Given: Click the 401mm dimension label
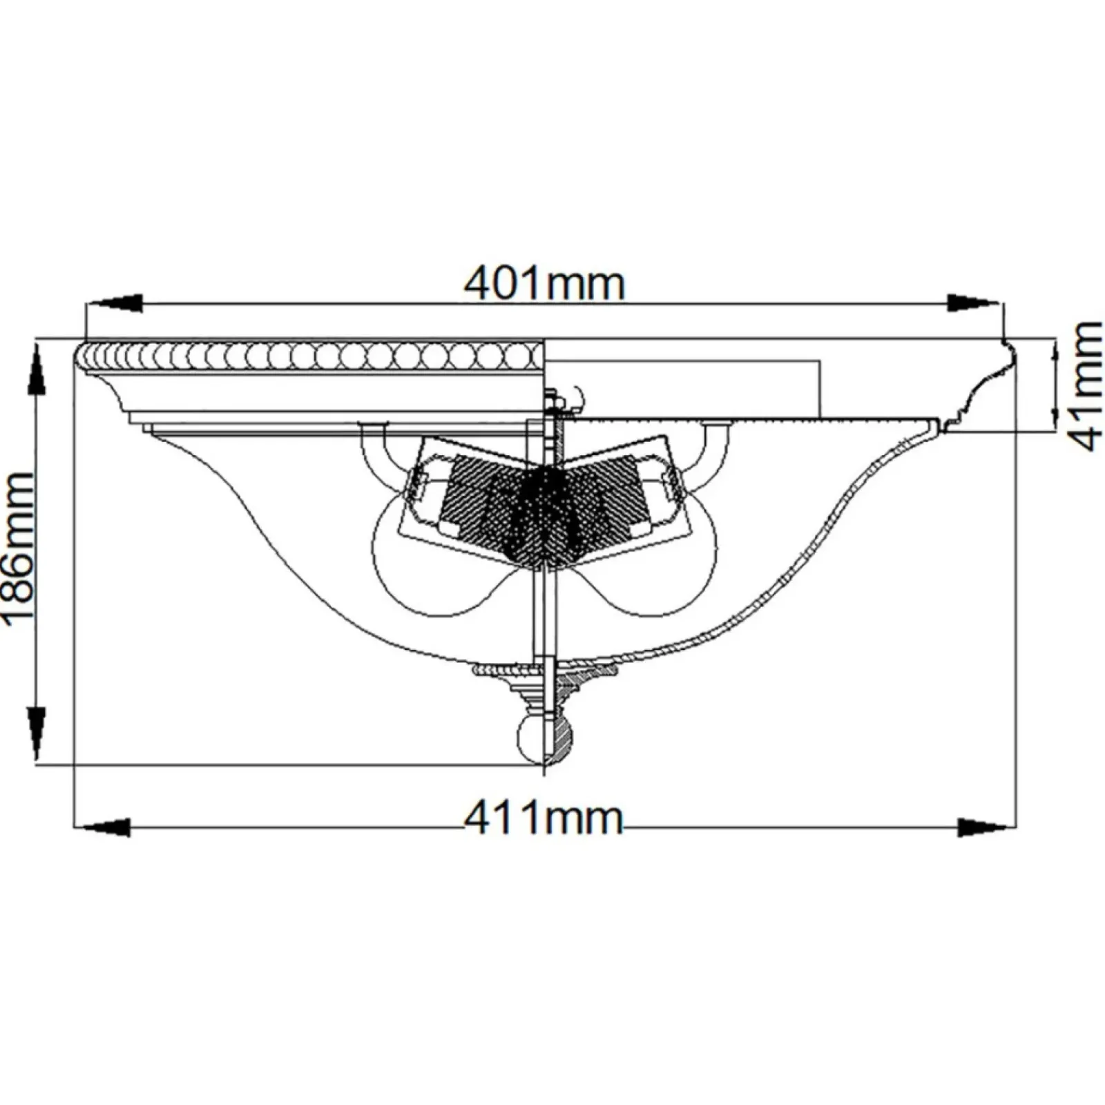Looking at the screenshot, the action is pos(544,283).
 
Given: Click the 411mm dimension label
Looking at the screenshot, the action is pos(544,818).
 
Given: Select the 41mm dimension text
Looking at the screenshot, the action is pos(1086,386).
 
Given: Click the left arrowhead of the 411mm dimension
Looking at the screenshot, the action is pos(102,827).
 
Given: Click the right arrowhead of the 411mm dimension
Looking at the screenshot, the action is pos(986,827).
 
